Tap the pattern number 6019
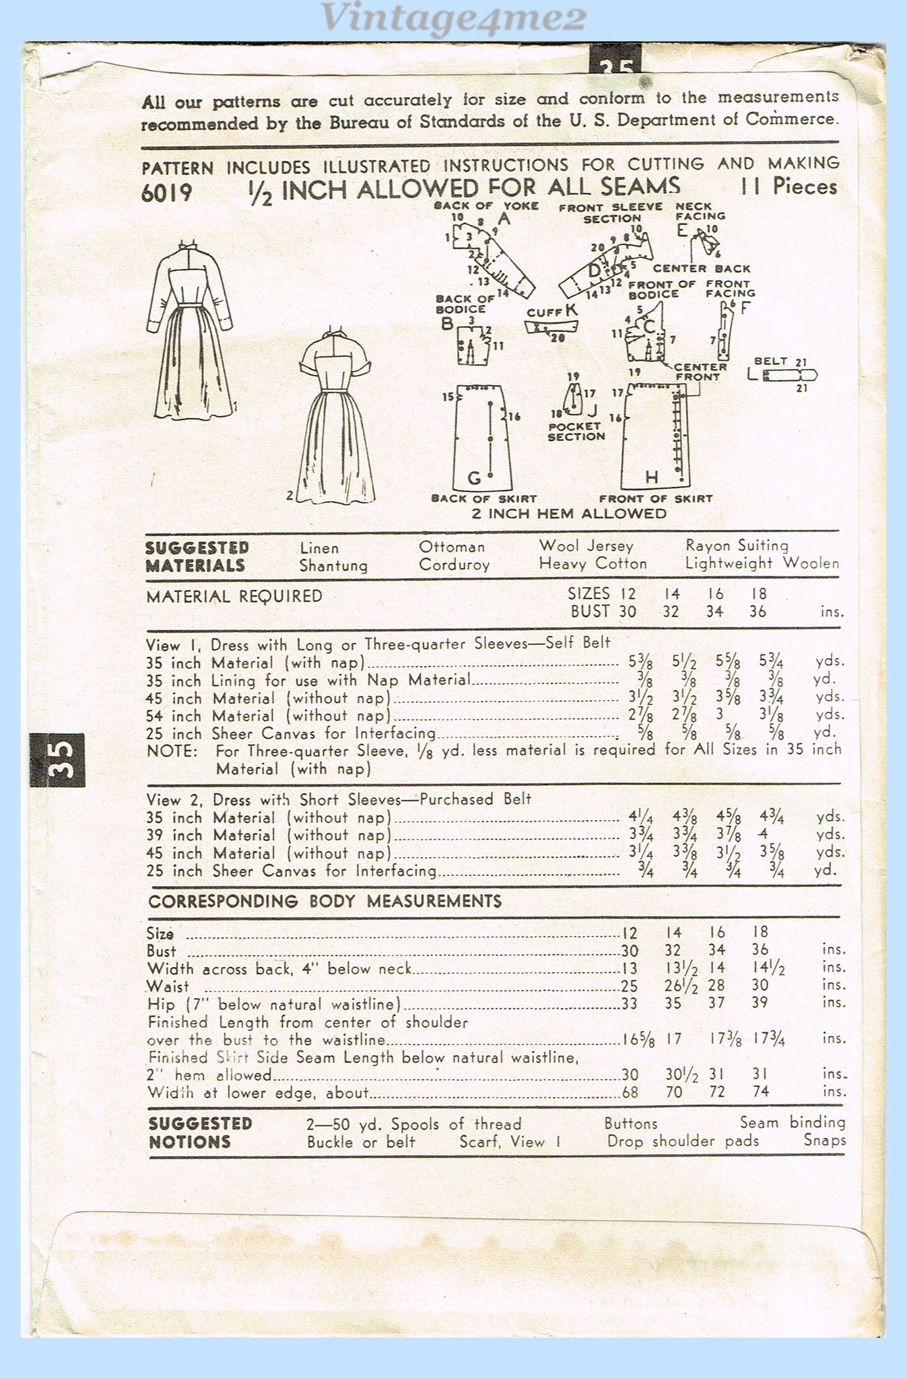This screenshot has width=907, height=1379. pos(167,193)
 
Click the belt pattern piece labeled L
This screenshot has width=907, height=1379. pos(788,375)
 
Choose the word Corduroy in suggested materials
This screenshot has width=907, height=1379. pos(454,564)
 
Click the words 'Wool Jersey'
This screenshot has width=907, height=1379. pos(585,545)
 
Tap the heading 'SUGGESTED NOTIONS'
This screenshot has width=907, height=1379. pos(200,1132)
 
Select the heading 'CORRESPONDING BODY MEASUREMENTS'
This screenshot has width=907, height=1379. pos(325,901)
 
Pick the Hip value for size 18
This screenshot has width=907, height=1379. pos(760,1003)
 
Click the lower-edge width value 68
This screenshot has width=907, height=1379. pos(630,1091)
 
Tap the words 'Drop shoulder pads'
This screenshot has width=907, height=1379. pos(682,1141)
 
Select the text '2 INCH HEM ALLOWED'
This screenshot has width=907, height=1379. pos(569,514)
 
